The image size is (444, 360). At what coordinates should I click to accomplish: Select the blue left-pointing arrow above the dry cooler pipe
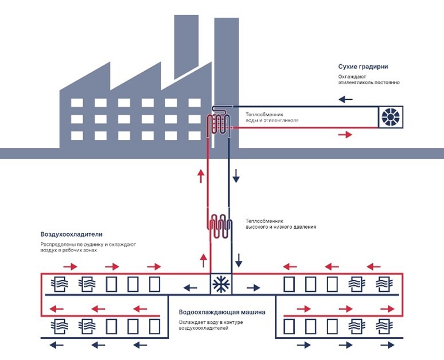345,99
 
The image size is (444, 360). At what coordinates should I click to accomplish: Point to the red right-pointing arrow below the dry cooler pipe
345,135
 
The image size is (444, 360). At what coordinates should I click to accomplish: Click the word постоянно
387,83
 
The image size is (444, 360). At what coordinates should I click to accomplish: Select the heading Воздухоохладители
71,234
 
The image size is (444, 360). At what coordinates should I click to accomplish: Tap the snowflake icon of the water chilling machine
220,284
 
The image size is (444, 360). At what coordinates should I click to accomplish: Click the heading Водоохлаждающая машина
222,313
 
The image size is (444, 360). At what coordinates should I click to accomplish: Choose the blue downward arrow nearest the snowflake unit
238,264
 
